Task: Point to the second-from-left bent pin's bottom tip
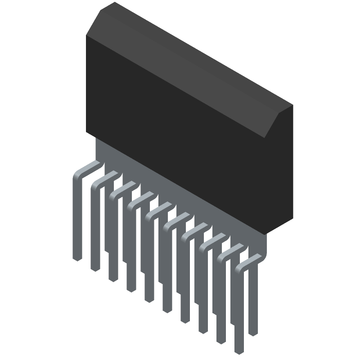[95, 269]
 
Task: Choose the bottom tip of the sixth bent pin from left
[167, 310]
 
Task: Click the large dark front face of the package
[180, 135]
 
